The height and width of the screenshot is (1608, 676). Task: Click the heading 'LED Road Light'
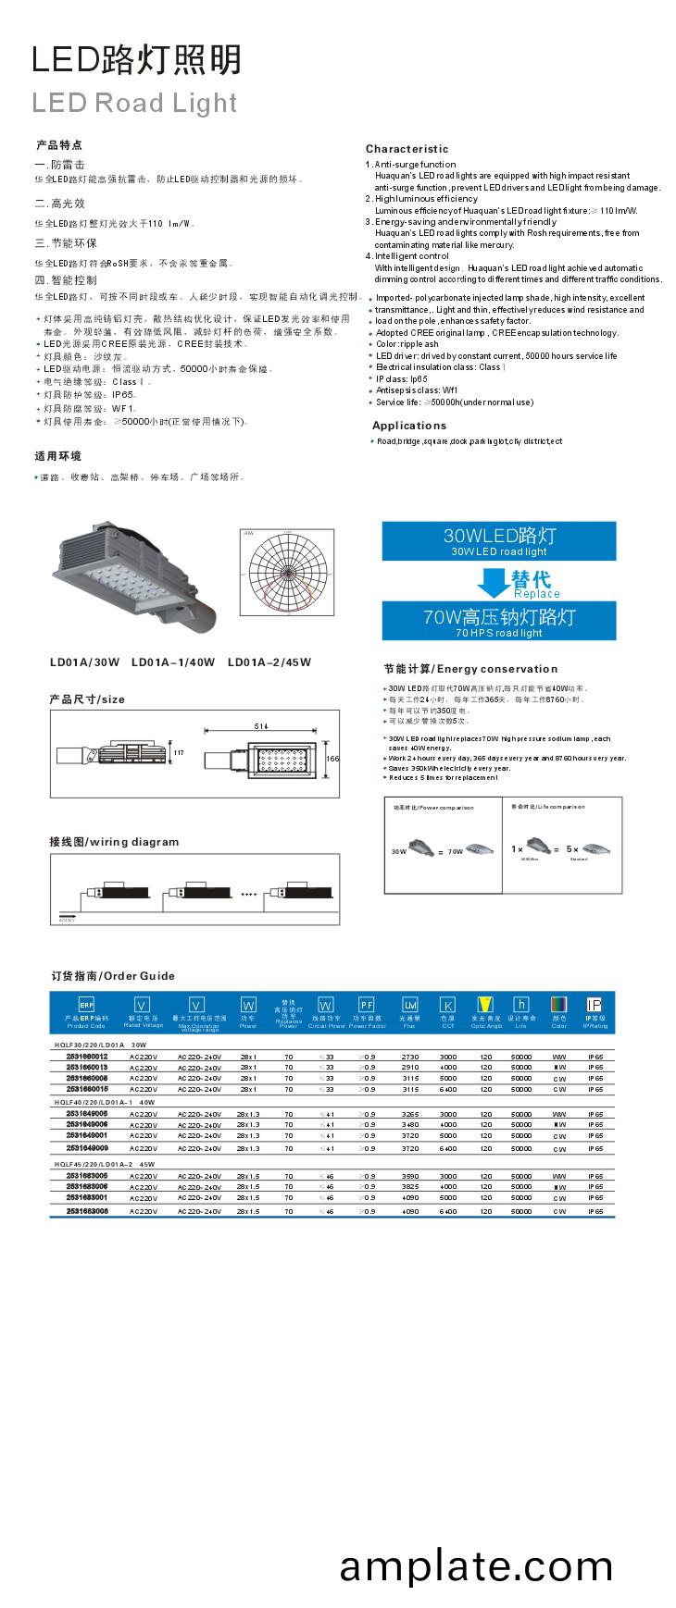click(x=134, y=103)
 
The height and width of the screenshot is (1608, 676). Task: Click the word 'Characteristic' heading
click(x=407, y=149)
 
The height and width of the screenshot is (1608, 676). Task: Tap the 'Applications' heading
click(x=408, y=426)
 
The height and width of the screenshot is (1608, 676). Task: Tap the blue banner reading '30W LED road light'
click(x=498, y=540)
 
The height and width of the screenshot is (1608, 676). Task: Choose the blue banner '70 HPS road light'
click(x=498, y=621)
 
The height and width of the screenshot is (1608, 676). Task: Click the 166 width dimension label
click(x=332, y=759)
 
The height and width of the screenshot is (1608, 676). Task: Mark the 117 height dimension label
click(x=179, y=753)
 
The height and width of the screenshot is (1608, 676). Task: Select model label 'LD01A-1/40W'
click(x=173, y=662)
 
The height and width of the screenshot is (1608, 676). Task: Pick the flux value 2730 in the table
click(x=409, y=1057)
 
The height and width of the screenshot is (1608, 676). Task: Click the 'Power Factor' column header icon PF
click(x=367, y=1005)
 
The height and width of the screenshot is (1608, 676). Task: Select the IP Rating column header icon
click(x=595, y=1005)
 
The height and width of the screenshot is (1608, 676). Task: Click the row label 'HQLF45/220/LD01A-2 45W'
click(x=105, y=1164)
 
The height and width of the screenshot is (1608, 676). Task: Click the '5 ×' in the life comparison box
click(x=572, y=848)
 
